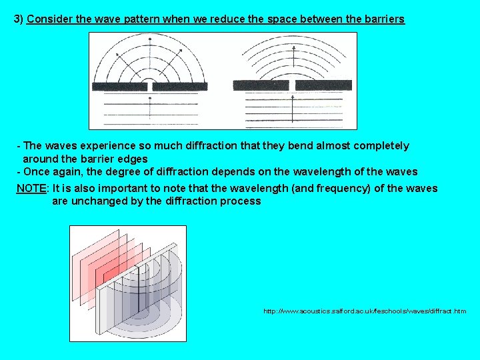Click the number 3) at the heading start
coord(19,19)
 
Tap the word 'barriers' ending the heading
coord(383,19)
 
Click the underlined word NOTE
coord(31,189)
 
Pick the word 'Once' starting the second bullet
coord(36,172)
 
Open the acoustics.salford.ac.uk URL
coord(365,311)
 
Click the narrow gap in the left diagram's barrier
coord(150,86)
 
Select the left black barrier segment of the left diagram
coord(119,86)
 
